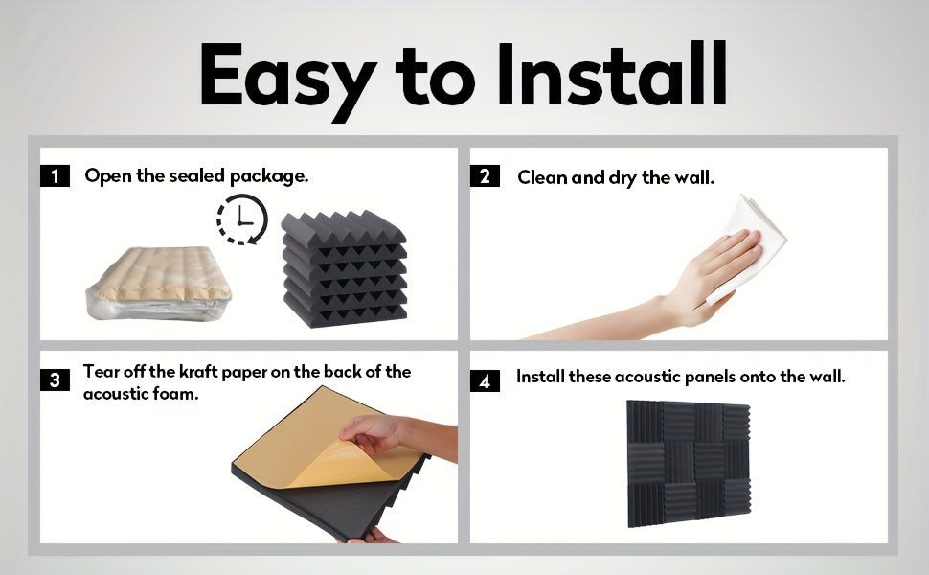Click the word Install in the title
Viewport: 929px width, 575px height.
coord(612,74)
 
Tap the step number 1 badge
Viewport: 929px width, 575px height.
coord(56,176)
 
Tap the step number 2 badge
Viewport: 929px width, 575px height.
coord(485,176)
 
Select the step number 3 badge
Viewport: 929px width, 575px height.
coord(56,379)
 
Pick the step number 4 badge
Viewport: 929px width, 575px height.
coord(485,380)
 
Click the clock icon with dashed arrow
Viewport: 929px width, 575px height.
coord(242,219)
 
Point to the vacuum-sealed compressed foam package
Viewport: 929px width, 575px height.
coord(158,284)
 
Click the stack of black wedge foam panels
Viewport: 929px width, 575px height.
coord(344,268)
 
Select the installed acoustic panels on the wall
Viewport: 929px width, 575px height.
coord(689,464)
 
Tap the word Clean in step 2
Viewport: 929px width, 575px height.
coord(542,177)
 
